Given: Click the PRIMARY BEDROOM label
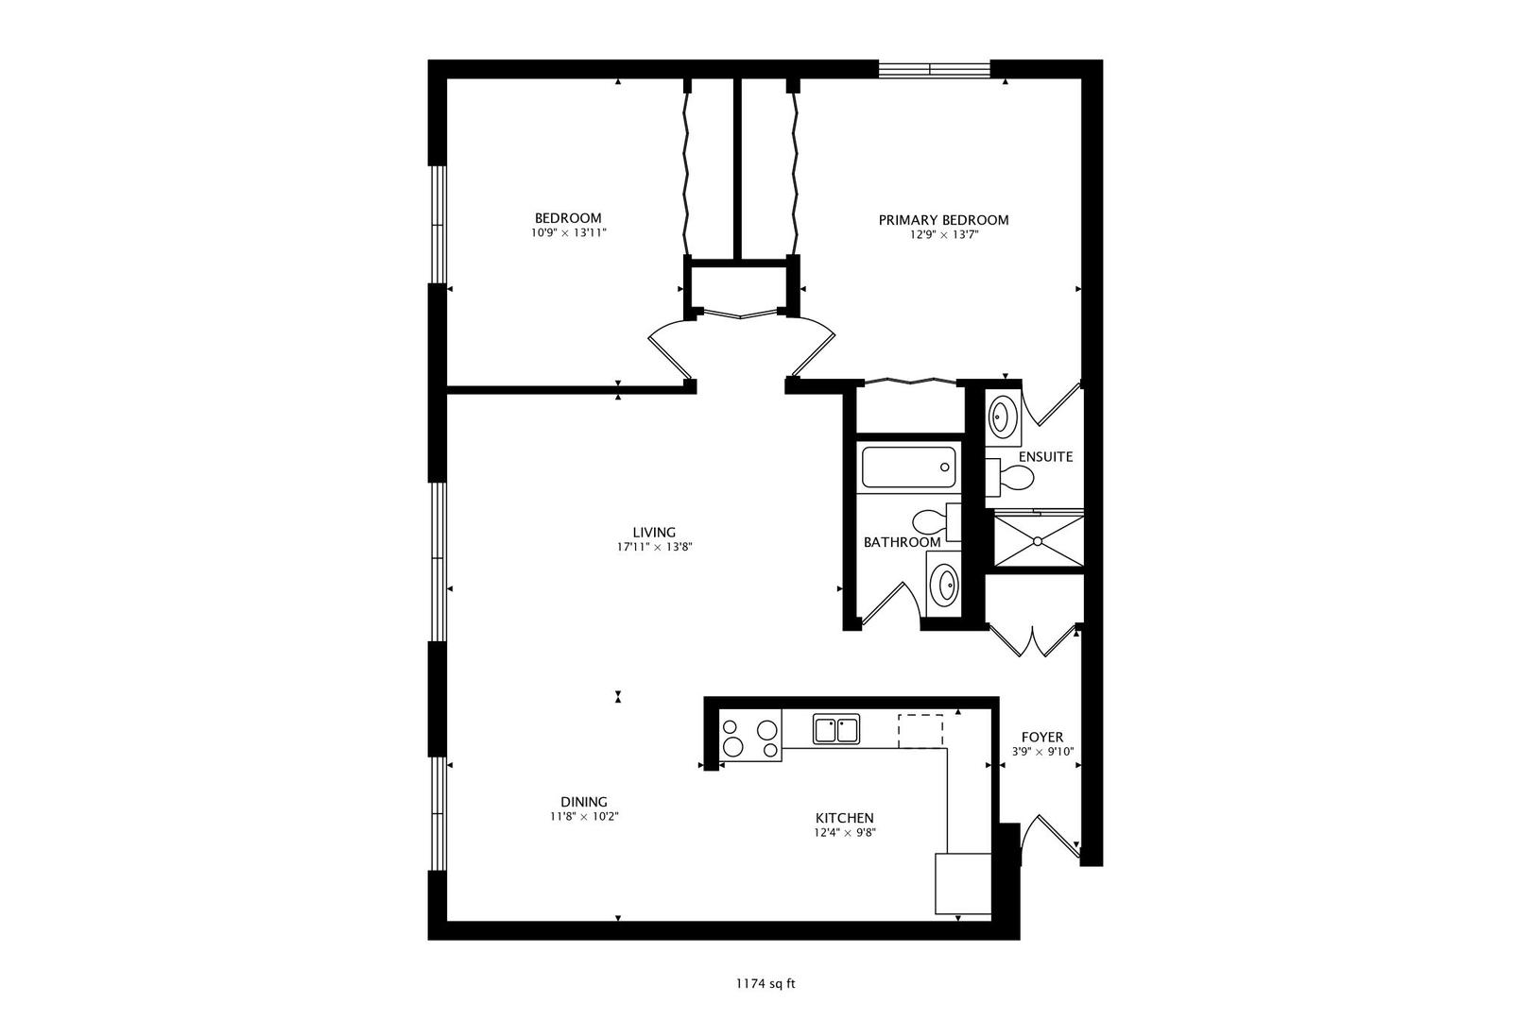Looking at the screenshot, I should (x=943, y=220).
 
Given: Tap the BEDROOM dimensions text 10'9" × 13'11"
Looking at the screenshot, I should (x=567, y=232).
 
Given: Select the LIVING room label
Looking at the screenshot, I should (x=654, y=532).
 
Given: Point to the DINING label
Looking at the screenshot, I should (x=583, y=802).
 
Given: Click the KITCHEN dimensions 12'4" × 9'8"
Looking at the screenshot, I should (x=844, y=833).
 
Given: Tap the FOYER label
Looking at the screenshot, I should (x=1041, y=737).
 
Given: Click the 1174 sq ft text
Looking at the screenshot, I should (x=765, y=984).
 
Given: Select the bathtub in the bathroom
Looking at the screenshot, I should (x=908, y=467).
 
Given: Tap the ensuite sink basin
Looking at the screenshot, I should (x=1001, y=416).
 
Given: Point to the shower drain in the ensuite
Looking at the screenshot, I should (x=1037, y=541).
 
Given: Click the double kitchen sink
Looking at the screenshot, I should (x=835, y=729).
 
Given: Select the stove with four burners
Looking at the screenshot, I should (x=750, y=738).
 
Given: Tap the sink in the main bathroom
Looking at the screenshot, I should (x=944, y=586).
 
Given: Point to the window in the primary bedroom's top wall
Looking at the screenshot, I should (x=934, y=68).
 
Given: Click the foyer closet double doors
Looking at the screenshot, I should (x=1033, y=641).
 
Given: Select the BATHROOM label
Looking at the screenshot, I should (x=902, y=542).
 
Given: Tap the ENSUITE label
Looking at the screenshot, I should (x=1045, y=457).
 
